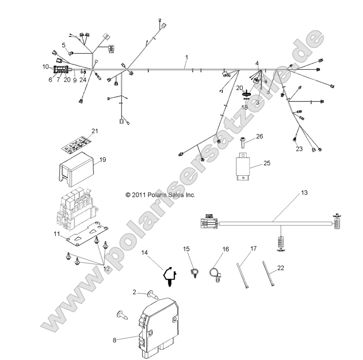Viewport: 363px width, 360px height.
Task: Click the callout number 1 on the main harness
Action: click(187, 57)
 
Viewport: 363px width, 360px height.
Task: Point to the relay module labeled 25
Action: click(245, 166)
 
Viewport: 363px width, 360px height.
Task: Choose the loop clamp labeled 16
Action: click(215, 273)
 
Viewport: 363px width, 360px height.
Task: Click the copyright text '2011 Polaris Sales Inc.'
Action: click(160, 195)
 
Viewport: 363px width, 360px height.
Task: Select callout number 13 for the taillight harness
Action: click(304, 193)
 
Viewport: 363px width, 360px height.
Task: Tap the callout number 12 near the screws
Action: click(106, 268)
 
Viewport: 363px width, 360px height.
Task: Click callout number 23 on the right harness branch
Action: click(299, 149)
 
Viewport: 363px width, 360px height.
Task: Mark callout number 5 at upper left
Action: click(64, 45)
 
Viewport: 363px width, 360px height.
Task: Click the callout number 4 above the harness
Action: click(257, 64)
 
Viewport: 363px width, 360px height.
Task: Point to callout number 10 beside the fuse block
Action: click(45, 67)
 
